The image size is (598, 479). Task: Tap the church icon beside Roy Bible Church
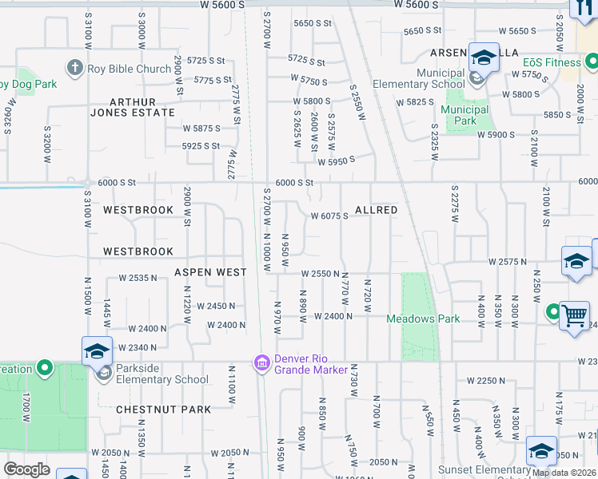[75, 68]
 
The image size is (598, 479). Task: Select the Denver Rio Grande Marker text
[311, 363]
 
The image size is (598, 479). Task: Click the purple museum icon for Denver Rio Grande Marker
[261, 364]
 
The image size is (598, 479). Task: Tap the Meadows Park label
[423, 319]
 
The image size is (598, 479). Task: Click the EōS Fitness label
[552, 61]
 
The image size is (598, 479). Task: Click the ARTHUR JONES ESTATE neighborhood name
[142, 107]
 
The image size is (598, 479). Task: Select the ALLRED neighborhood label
[376, 210]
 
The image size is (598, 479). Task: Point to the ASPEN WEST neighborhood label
[210, 272]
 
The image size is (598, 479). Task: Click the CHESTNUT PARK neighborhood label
[163, 410]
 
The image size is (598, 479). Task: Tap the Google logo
[26, 469]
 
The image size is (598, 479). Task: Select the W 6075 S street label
[329, 216]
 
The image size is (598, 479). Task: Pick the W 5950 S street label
[336, 160]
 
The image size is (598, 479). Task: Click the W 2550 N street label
[322, 274]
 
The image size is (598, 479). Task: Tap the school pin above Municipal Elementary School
[483, 57]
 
